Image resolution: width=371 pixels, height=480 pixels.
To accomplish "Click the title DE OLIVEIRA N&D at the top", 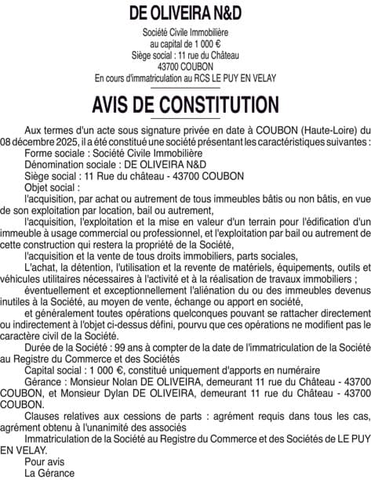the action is click(185, 13).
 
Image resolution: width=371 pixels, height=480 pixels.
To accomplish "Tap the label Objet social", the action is click(52, 189).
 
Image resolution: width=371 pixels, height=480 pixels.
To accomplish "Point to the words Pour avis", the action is click(45, 462).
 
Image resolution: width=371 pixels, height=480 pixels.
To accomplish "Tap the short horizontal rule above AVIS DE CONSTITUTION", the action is click(185, 88).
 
